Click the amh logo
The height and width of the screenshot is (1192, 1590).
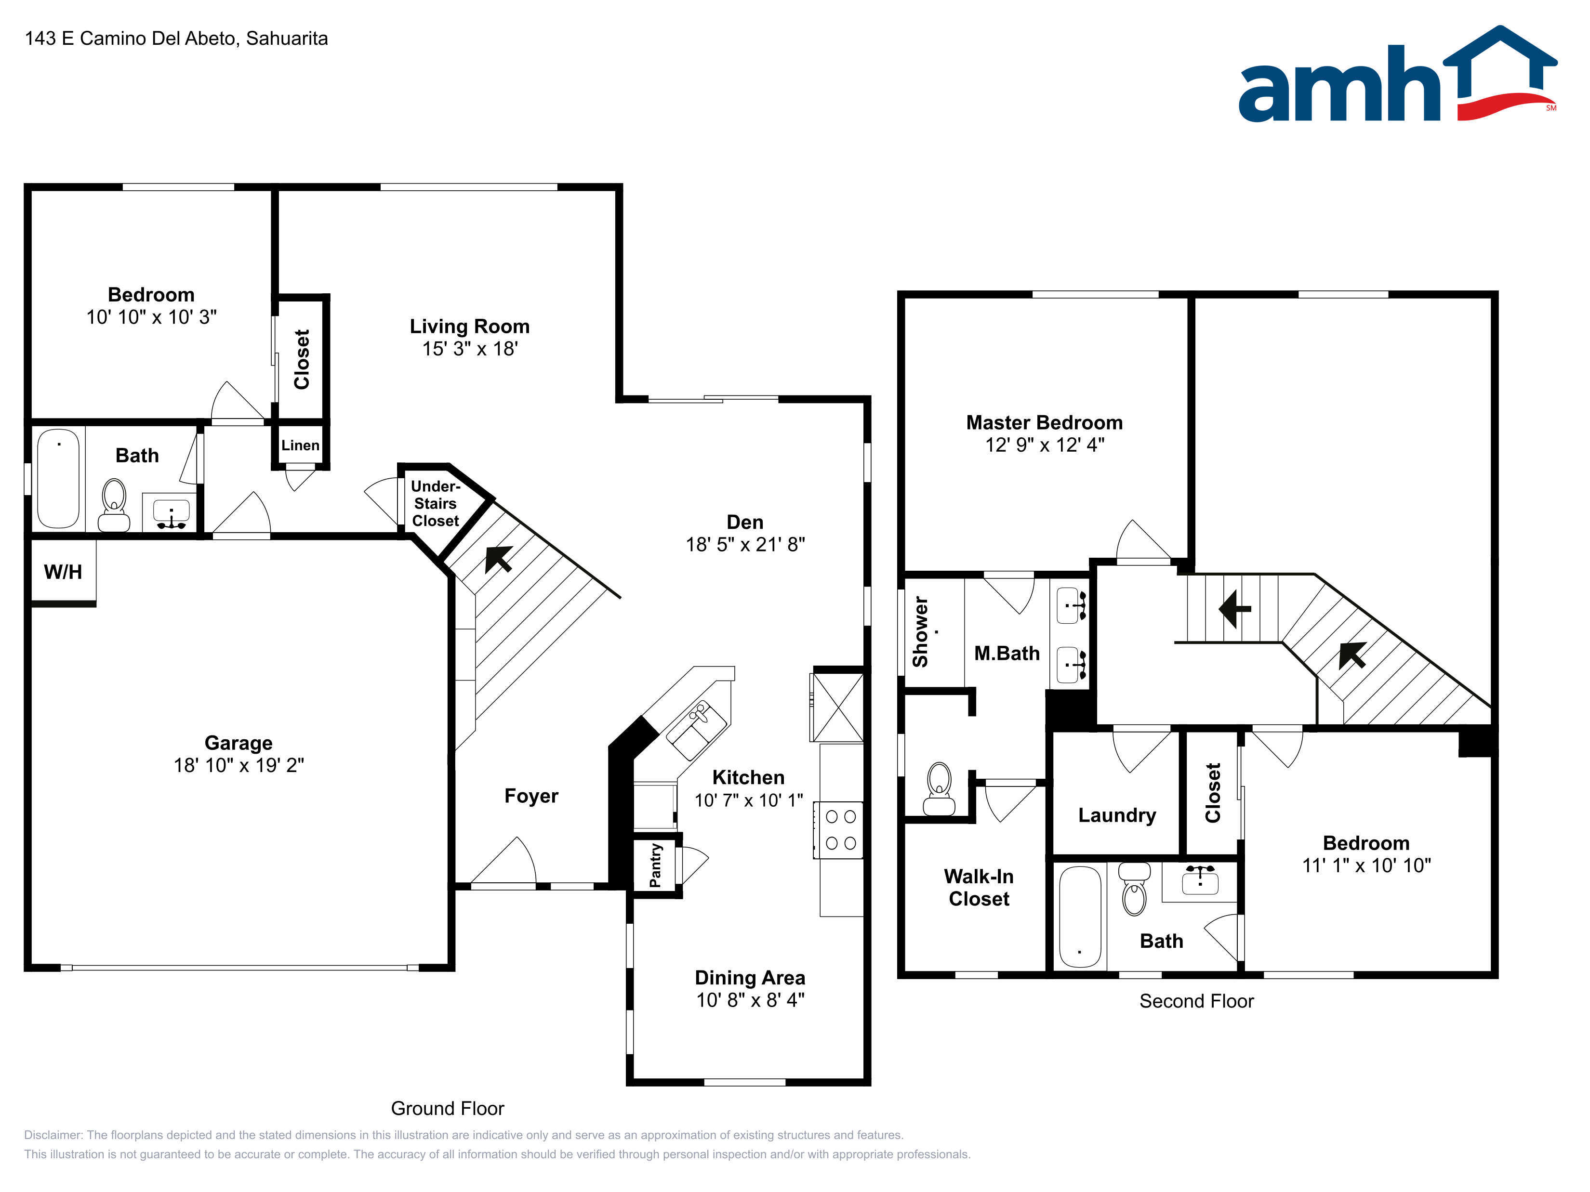(x=1397, y=74)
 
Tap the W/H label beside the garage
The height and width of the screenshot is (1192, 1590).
(x=63, y=572)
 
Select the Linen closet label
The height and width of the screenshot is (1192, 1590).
(x=301, y=445)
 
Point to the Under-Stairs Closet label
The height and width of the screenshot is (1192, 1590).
(x=436, y=504)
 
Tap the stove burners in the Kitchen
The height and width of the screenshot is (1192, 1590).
(x=840, y=830)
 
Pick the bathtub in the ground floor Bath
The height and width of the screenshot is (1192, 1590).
(x=58, y=479)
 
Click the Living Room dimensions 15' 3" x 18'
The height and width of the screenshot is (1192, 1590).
(x=470, y=349)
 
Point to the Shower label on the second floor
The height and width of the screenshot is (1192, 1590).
(x=920, y=631)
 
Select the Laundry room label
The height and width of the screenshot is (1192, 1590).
(x=1117, y=815)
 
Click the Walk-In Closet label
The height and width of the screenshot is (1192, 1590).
(x=979, y=887)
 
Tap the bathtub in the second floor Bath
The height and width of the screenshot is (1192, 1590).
(x=1080, y=916)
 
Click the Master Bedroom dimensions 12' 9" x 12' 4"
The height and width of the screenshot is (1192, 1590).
(x=1045, y=445)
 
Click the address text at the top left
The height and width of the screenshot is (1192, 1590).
(x=176, y=38)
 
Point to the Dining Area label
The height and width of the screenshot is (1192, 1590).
(x=750, y=977)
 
